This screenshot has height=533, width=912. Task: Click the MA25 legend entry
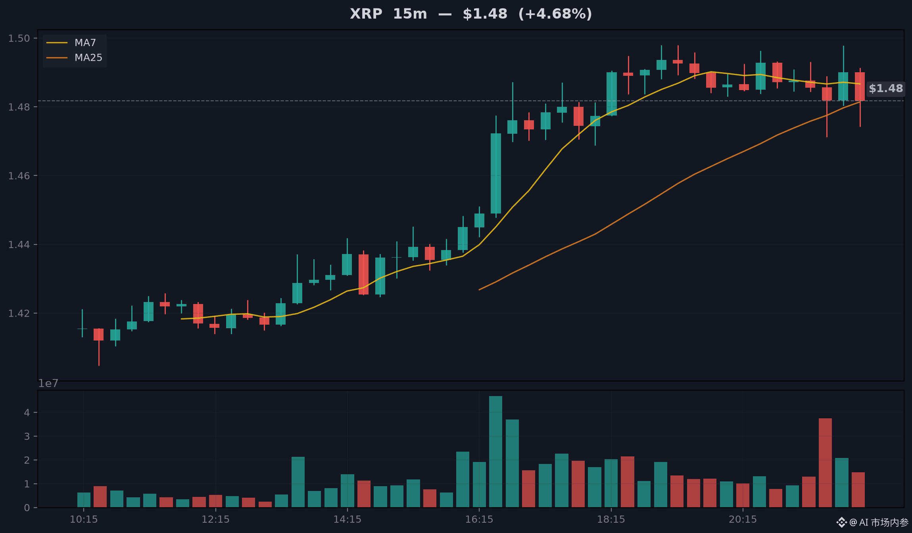pos(75,58)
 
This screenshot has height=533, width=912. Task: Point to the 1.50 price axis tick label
pos(19,38)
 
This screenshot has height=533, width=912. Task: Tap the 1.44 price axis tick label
pos(19,244)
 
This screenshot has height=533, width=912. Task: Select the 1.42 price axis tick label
pos(19,313)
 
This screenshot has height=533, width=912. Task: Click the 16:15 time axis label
pos(479,519)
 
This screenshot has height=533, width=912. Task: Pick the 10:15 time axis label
pos(84,519)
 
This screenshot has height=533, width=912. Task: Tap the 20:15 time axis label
pos(743,519)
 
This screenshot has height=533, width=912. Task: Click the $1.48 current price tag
pos(886,88)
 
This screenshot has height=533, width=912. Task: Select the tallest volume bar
pos(495,452)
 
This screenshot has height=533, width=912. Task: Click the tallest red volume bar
pos(825,463)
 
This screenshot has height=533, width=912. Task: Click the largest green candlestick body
pos(496,173)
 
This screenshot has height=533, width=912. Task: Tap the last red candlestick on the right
pos(860,87)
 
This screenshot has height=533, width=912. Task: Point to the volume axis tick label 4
pos(27,412)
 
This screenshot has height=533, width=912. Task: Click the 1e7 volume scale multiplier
pos(48,383)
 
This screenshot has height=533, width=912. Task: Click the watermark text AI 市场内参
pos(883,522)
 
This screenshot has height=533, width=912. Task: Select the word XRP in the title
pos(366,14)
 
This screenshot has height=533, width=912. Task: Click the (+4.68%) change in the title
pos(555,14)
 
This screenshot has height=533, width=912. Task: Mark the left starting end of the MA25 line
pos(479,290)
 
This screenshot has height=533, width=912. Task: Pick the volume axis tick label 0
pos(27,508)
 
